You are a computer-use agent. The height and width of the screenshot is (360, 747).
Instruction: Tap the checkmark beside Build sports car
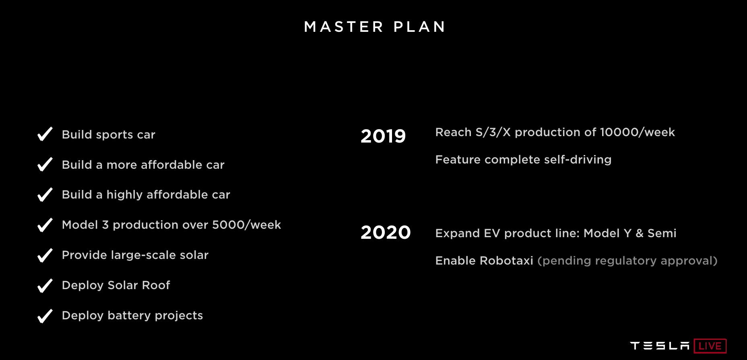click(45, 134)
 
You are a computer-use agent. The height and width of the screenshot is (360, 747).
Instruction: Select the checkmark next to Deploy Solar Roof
click(45, 285)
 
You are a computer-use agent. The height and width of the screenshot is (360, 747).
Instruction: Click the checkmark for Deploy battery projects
click(45, 316)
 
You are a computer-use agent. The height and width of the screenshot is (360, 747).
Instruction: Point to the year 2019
click(383, 136)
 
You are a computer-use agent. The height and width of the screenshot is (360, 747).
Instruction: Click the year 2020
click(385, 232)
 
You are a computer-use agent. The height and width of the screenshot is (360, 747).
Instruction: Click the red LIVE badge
click(710, 346)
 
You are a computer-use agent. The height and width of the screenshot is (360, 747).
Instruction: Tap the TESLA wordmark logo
click(660, 346)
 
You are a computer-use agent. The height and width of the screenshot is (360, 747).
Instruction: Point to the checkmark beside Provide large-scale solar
click(45, 255)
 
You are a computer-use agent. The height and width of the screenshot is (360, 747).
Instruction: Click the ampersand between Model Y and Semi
click(639, 233)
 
